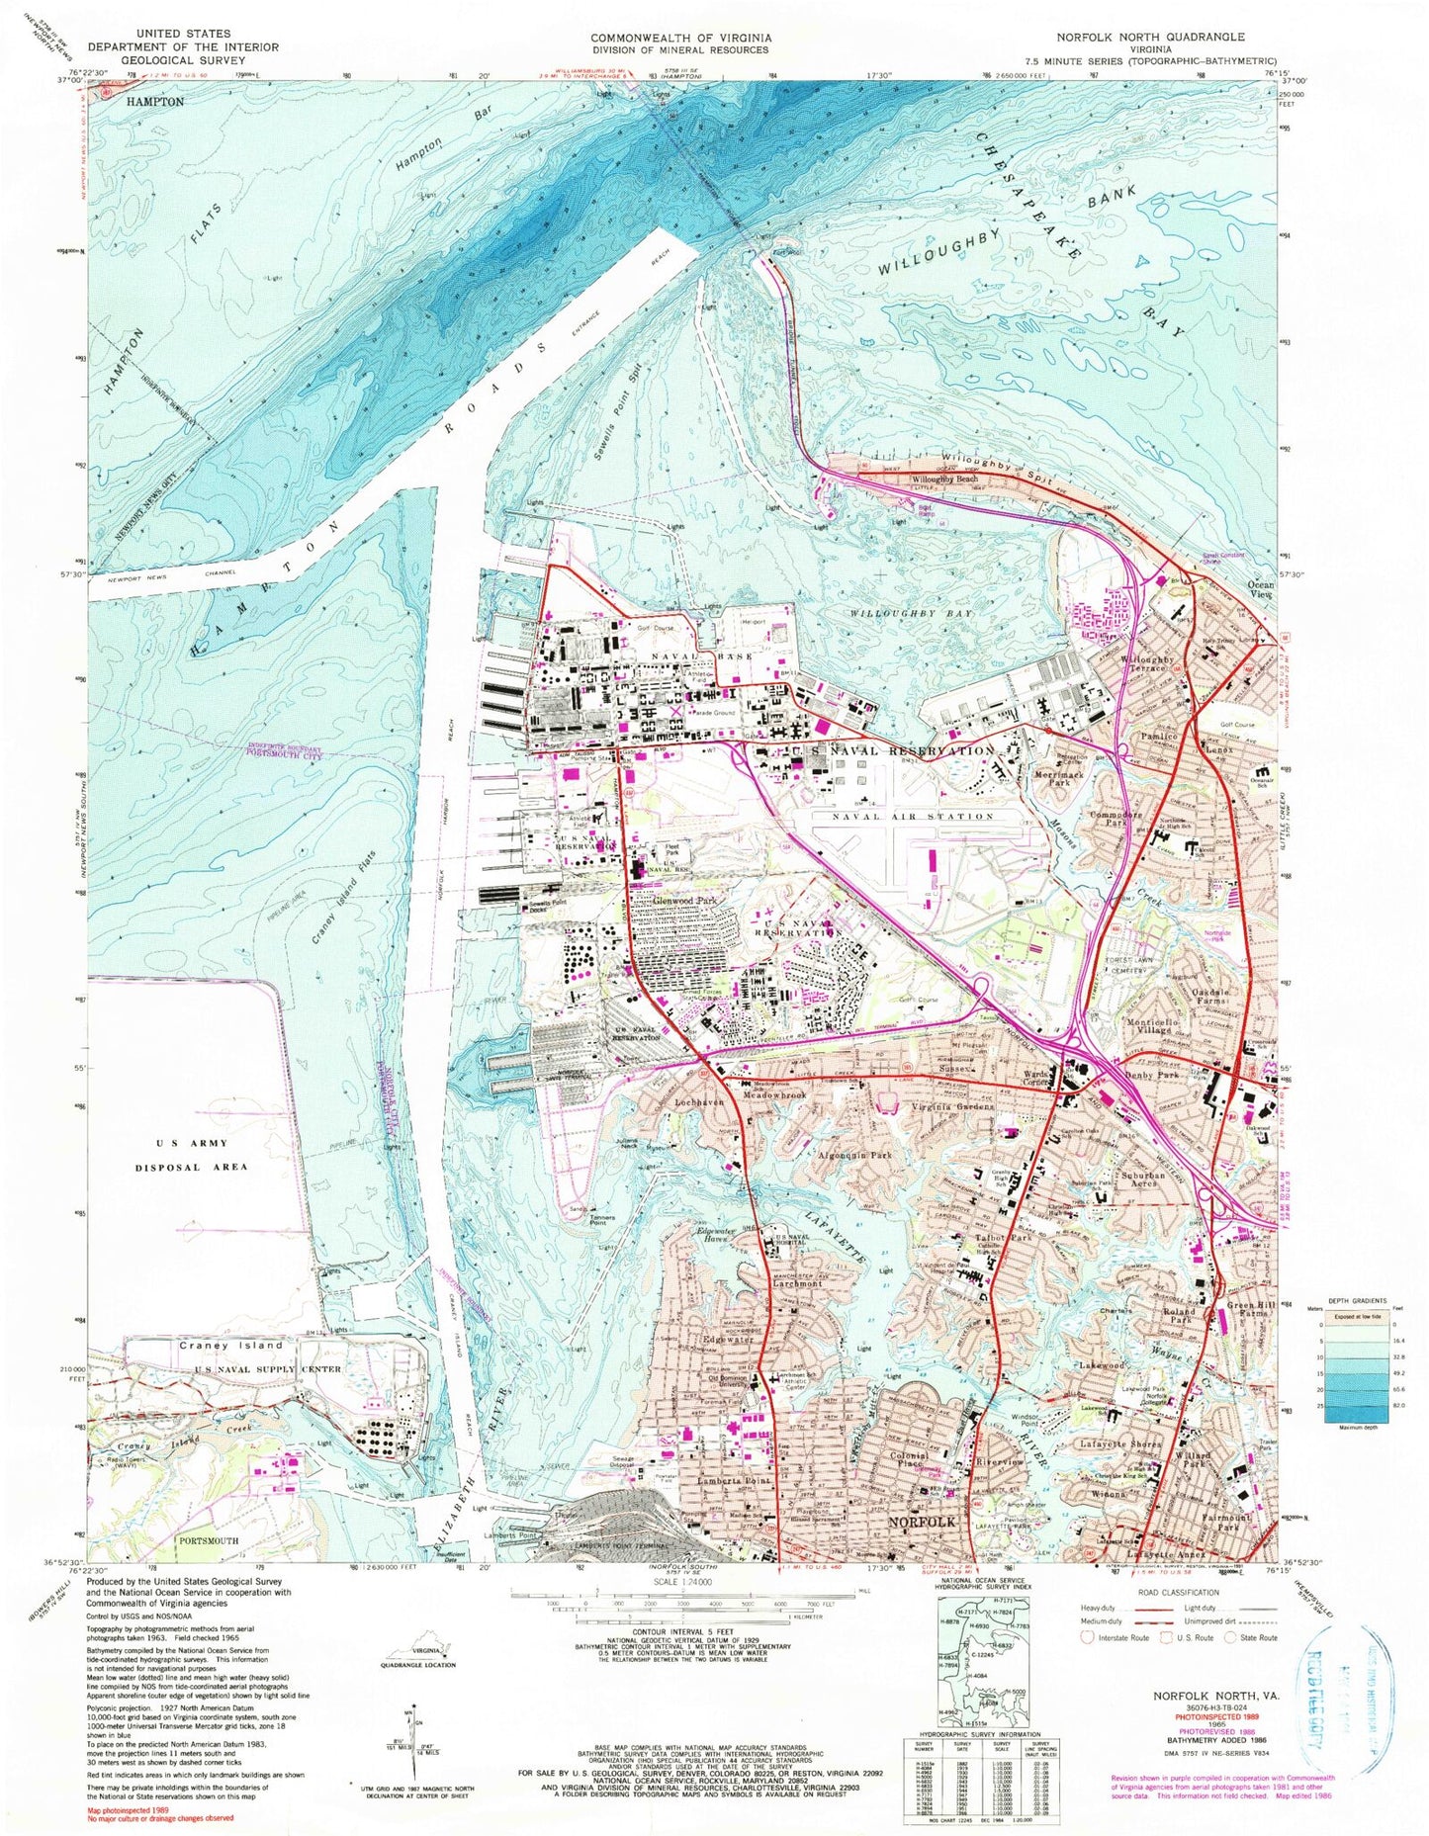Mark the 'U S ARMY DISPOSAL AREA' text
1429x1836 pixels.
(191, 1151)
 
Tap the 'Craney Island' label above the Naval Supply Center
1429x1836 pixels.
(218, 1345)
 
